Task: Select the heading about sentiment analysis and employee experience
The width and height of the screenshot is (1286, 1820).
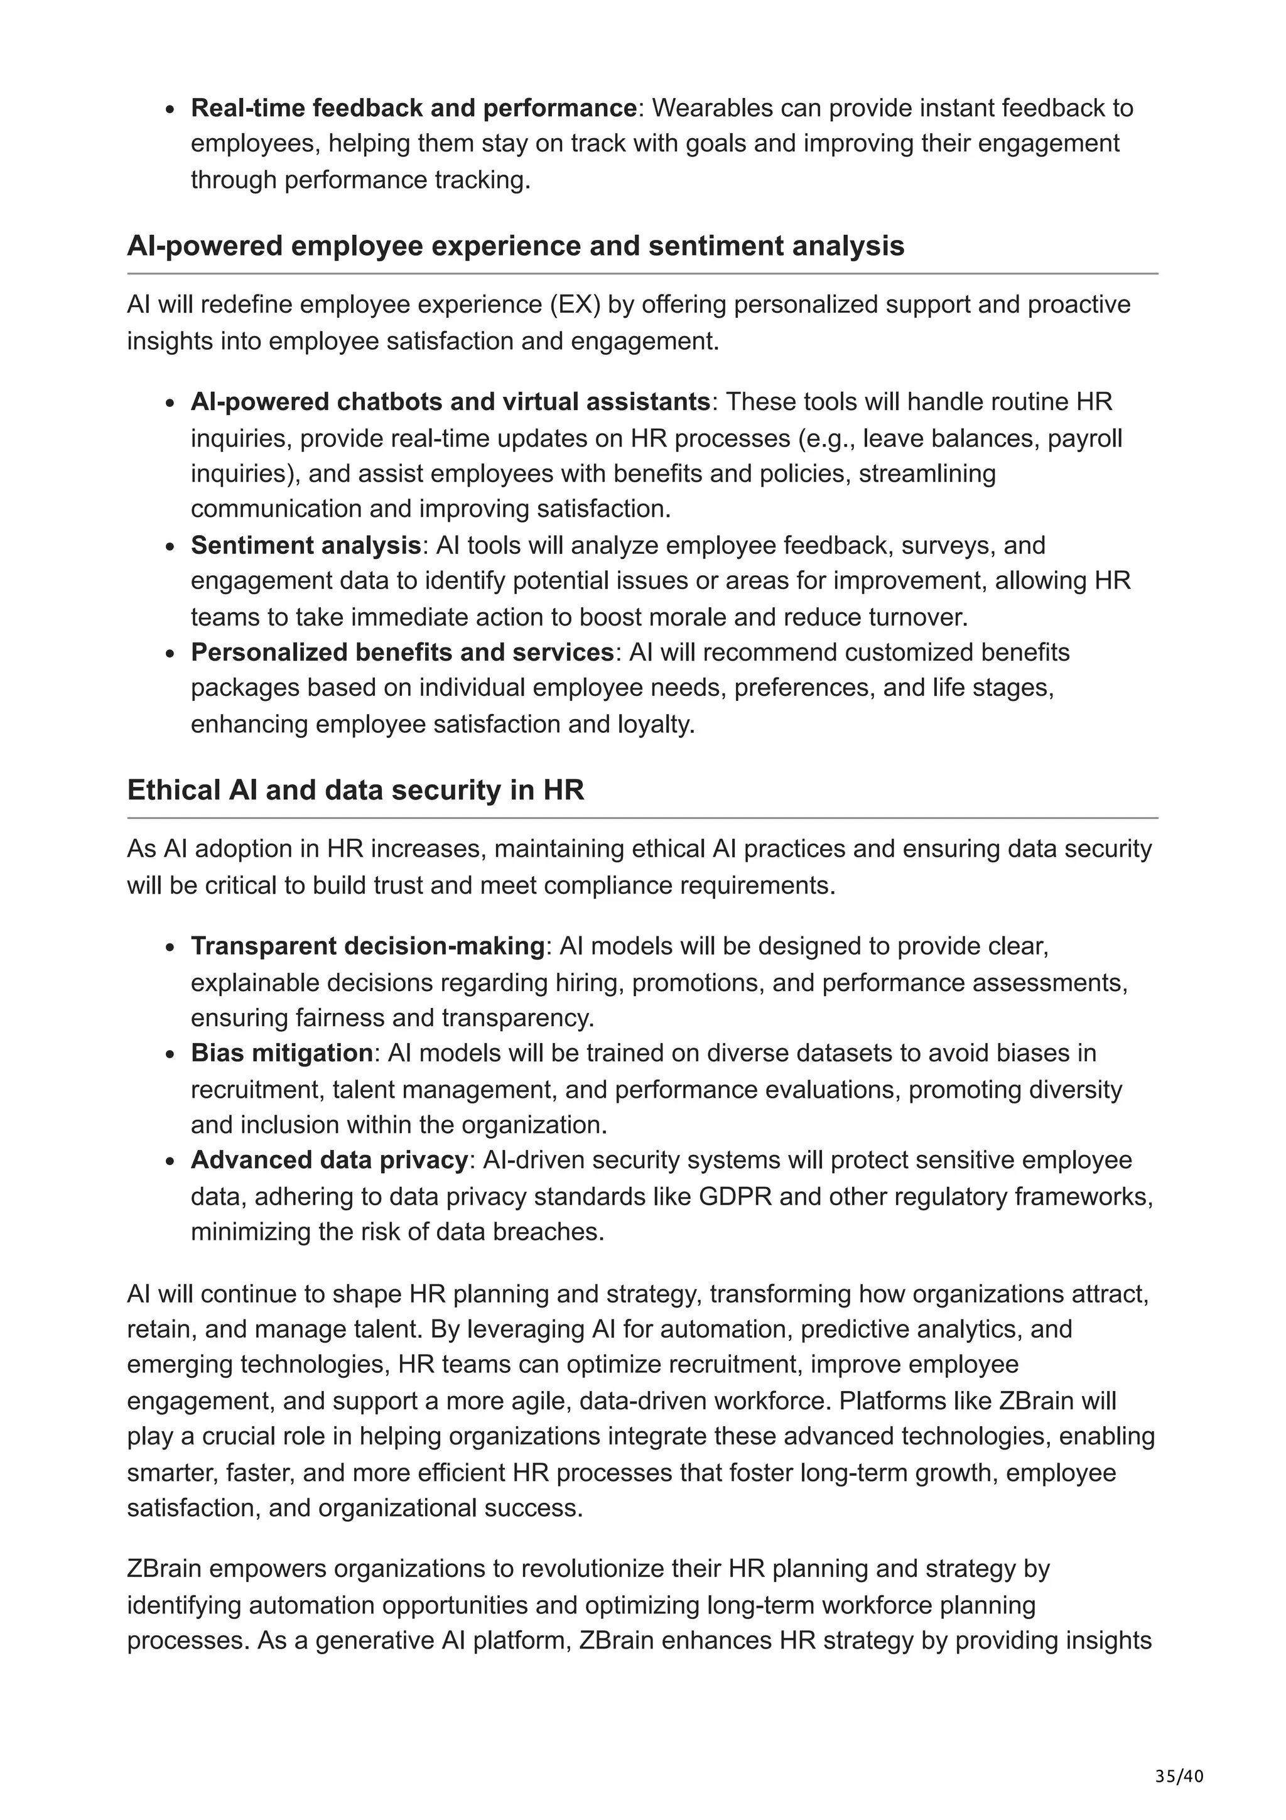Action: [515, 246]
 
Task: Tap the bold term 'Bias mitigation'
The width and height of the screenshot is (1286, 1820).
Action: [281, 1053]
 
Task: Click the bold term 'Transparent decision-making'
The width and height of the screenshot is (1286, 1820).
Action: [367, 946]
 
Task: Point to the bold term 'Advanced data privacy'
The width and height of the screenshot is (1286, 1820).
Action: [329, 1160]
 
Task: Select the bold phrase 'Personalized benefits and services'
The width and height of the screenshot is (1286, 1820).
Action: [402, 653]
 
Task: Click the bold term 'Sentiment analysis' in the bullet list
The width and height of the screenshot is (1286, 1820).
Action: [305, 545]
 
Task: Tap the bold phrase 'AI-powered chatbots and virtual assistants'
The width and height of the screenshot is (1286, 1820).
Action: [450, 402]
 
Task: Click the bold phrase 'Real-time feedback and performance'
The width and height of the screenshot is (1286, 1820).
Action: [414, 108]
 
